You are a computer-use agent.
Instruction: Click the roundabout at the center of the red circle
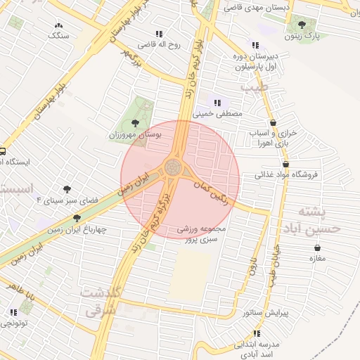173,167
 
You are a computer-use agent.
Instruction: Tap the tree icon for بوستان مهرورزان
135,122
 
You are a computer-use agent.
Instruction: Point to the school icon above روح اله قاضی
159,33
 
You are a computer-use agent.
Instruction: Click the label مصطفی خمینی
221,112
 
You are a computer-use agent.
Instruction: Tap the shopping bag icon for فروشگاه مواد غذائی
285,163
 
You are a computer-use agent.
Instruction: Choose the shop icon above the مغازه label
317,247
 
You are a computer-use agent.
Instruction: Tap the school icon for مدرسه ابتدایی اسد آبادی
257,333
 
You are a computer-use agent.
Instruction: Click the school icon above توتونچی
13,312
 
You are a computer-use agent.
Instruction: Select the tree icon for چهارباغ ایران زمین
77,218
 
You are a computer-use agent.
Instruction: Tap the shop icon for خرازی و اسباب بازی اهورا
273,123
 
